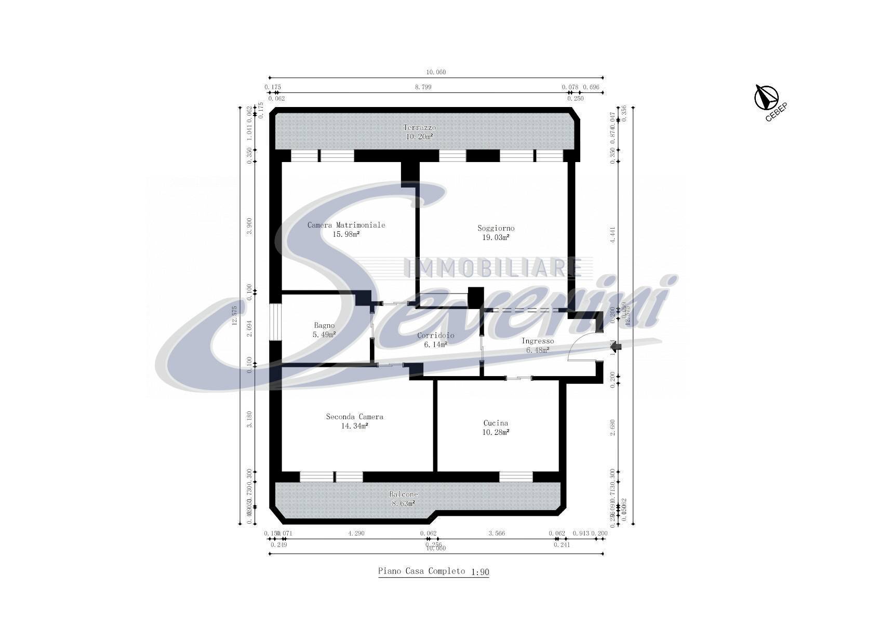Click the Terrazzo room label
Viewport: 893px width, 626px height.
[x=420, y=127]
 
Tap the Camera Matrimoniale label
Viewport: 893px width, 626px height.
[x=346, y=225]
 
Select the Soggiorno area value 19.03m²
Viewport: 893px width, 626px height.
[x=496, y=237]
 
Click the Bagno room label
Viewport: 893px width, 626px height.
[x=324, y=325]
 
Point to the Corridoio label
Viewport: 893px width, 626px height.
[x=435, y=335]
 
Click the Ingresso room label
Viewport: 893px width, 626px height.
[x=538, y=341]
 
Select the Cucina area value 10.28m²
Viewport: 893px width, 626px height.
[x=496, y=432]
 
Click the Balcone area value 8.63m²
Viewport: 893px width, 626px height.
[x=403, y=503]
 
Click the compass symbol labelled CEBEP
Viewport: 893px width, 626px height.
[x=766, y=97]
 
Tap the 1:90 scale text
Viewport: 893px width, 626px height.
[x=479, y=572]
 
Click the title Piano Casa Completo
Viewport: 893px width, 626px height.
[x=421, y=571]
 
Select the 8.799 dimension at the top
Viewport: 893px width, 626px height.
[x=423, y=87]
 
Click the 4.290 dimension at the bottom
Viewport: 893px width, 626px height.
[x=357, y=533]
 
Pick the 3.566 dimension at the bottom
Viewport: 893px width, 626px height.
[x=496, y=533]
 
